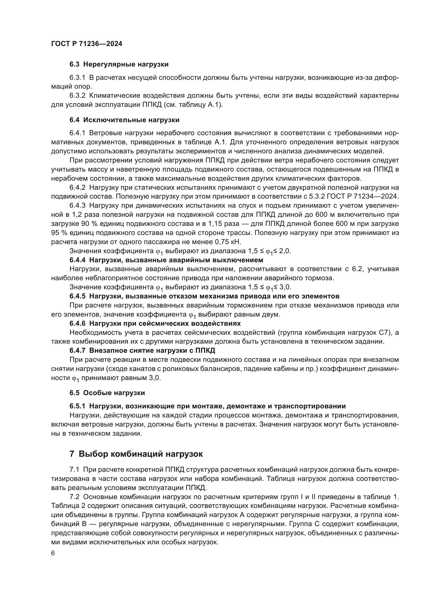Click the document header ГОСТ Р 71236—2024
pos(87,44)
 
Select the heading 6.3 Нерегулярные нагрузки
pos(119,64)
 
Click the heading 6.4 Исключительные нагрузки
pos(124,120)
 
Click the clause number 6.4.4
pos(77,260)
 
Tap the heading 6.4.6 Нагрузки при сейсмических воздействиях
pos(155,323)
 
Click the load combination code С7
pos(388,333)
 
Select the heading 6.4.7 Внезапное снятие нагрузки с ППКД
pos(142,351)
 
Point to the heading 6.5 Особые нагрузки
pos(107,393)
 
